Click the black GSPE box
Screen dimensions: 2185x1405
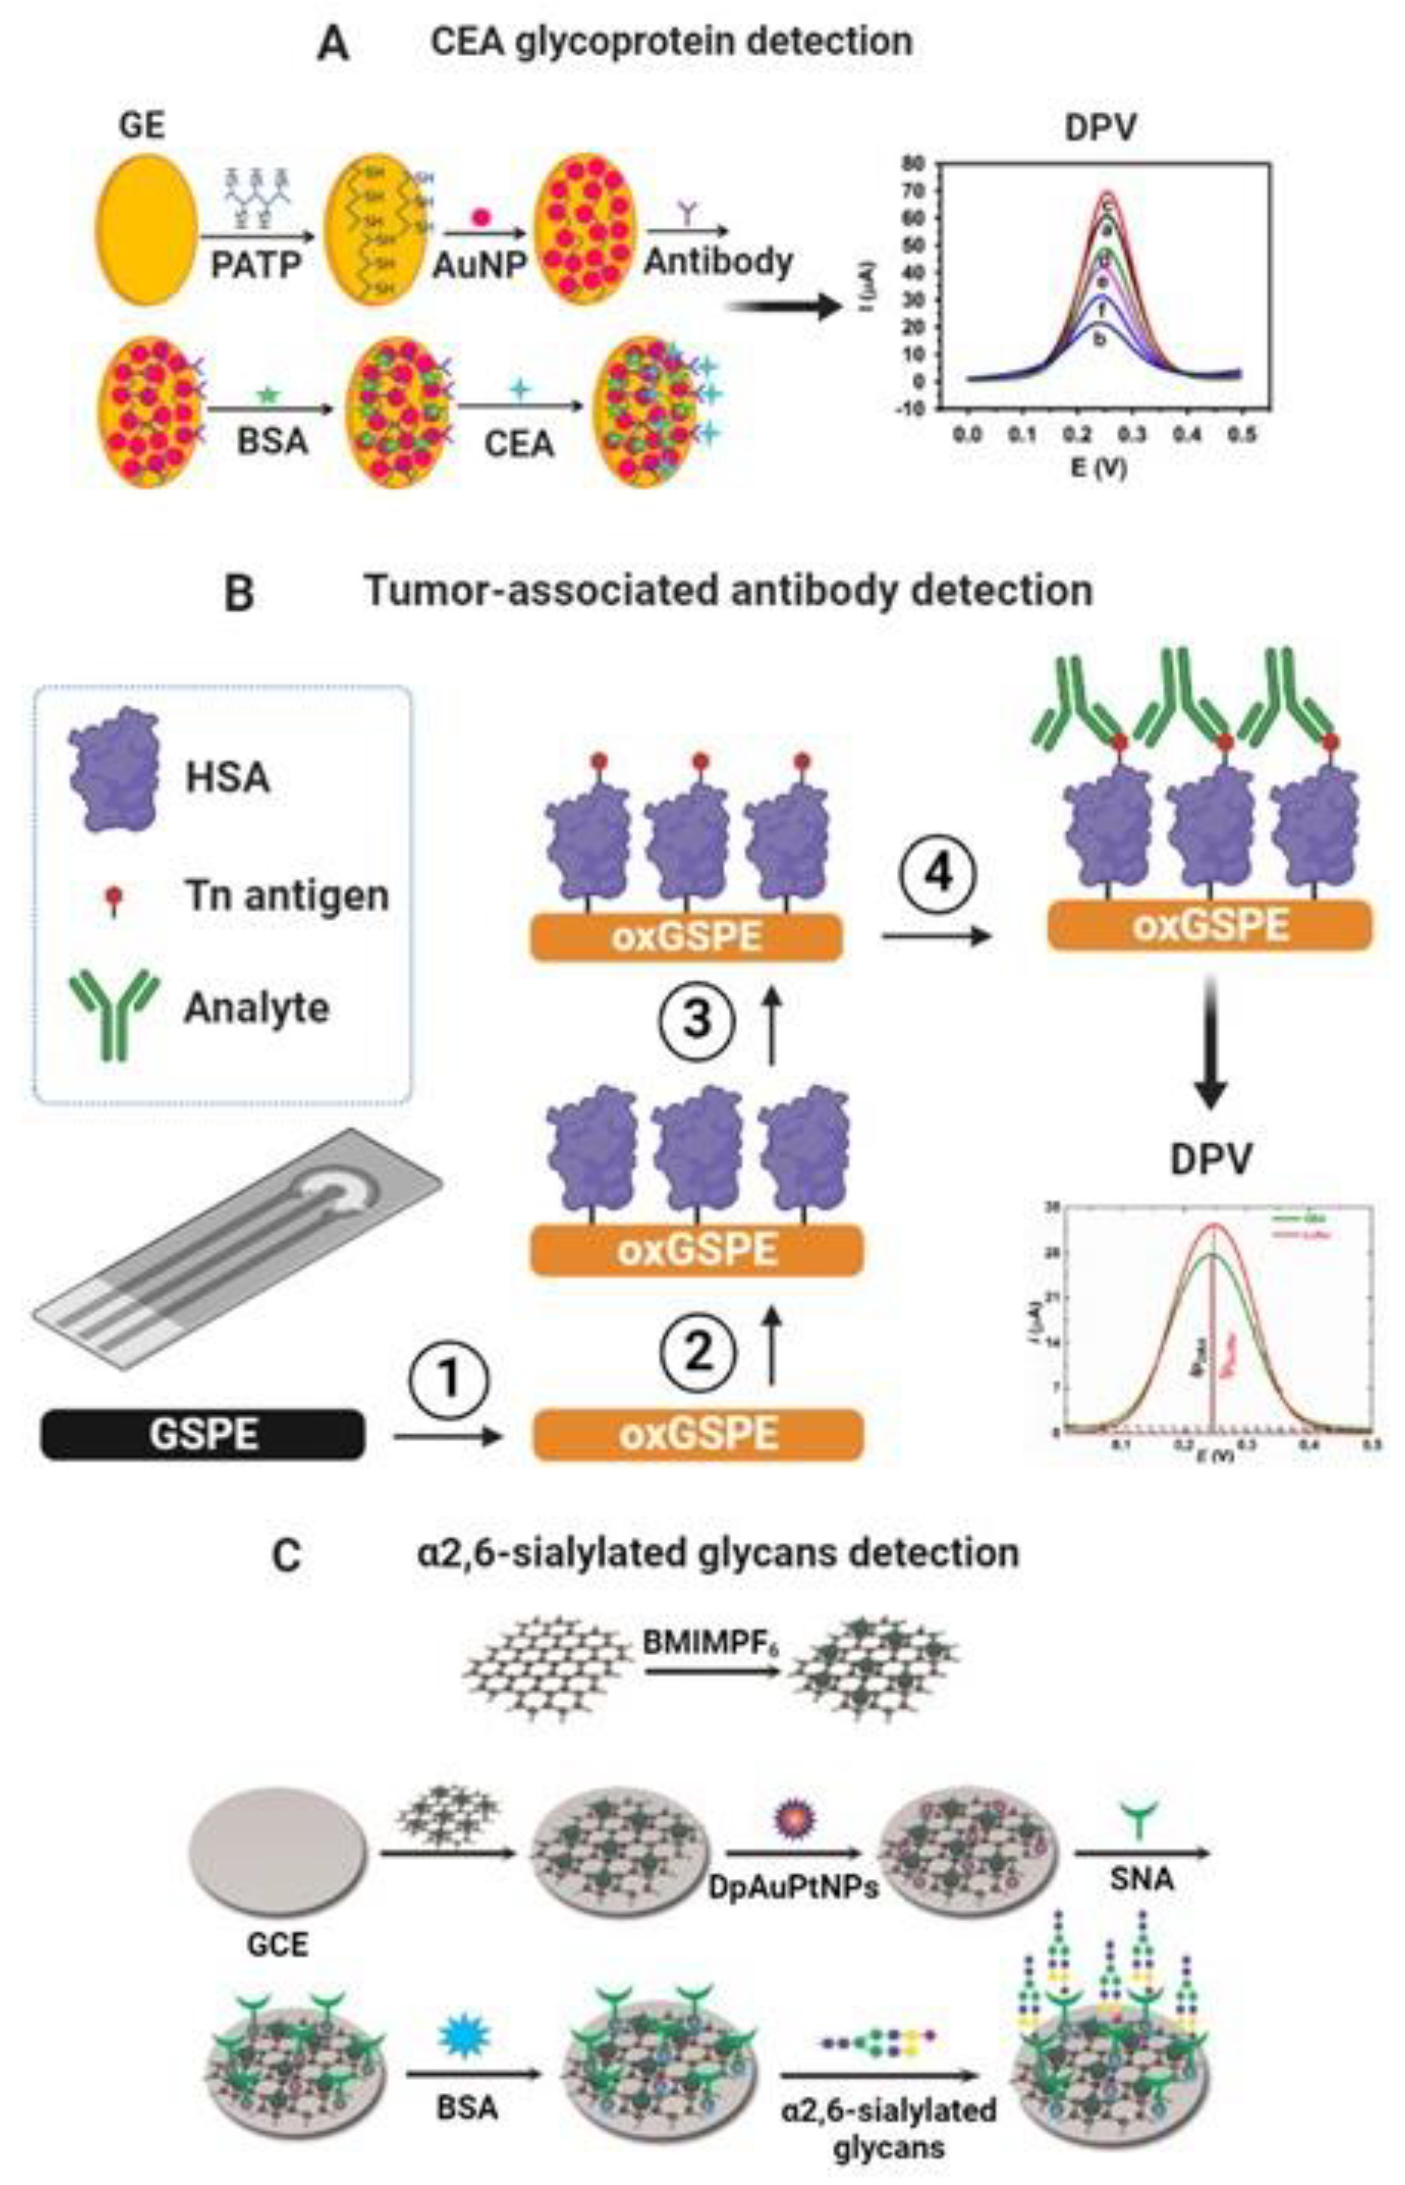202,1434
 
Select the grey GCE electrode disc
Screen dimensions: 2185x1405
278,1848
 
